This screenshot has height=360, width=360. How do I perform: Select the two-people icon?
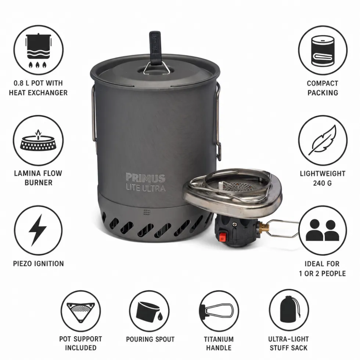click(322, 230)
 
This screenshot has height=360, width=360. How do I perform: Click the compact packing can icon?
click(323, 51)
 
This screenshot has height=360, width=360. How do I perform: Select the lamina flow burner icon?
click(38, 141)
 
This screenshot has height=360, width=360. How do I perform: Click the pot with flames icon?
click(38, 51)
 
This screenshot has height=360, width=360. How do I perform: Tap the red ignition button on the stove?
click(222, 237)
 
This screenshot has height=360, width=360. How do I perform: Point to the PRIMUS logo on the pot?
click(145, 178)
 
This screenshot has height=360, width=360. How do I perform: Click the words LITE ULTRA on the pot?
click(146, 188)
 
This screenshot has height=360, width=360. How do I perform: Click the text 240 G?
click(322, 183)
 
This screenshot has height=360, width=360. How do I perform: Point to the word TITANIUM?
click(219, 339)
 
